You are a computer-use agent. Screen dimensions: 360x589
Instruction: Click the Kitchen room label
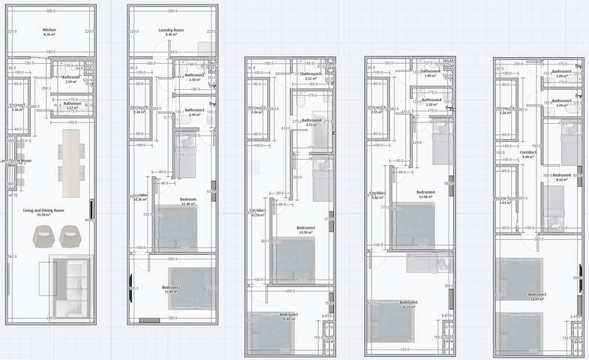tap(50, 30)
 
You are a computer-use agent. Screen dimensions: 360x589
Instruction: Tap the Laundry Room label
tap(171, 30)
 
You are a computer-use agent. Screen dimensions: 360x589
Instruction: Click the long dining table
tap(71, 160)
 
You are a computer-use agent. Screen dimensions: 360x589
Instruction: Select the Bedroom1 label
tap(171, 286)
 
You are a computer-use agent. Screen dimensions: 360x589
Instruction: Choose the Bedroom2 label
tap(305, 227)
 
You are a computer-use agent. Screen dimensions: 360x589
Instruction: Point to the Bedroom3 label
tap(289, 314)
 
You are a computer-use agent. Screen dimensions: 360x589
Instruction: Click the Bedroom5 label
tap(409, 302)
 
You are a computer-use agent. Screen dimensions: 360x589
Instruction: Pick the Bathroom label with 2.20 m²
tap(71, 77)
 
